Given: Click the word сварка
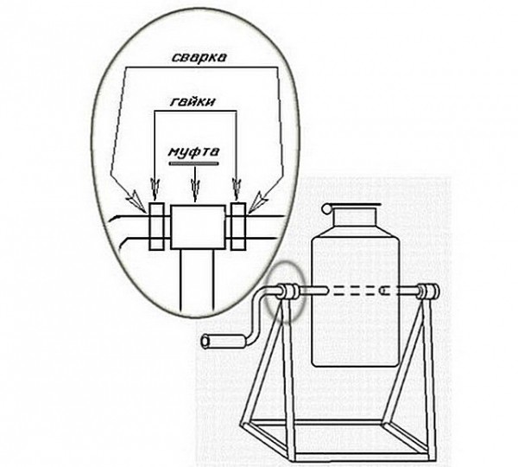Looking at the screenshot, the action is click(199, 57).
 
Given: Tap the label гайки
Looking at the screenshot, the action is click(193, 101).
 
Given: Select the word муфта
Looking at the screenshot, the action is click(193, 152).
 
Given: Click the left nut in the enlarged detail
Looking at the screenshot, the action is click(156, 226).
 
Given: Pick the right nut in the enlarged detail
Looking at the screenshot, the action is click(238, 226).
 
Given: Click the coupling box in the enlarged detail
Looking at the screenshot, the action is click(198, 227).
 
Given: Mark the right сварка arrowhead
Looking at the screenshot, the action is click(258, 202).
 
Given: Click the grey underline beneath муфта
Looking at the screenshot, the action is click(193, 163).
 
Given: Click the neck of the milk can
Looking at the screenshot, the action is click(355, 222).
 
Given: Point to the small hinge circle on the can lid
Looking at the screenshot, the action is click(327, 208).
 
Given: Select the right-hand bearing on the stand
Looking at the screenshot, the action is click(429, 291).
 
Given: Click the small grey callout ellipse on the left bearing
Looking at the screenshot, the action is click(286, 291).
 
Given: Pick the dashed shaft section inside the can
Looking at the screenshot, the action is click(356, 291).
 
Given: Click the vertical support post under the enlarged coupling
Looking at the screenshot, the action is click(197, 281).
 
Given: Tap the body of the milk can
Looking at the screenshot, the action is click(356, 300).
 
